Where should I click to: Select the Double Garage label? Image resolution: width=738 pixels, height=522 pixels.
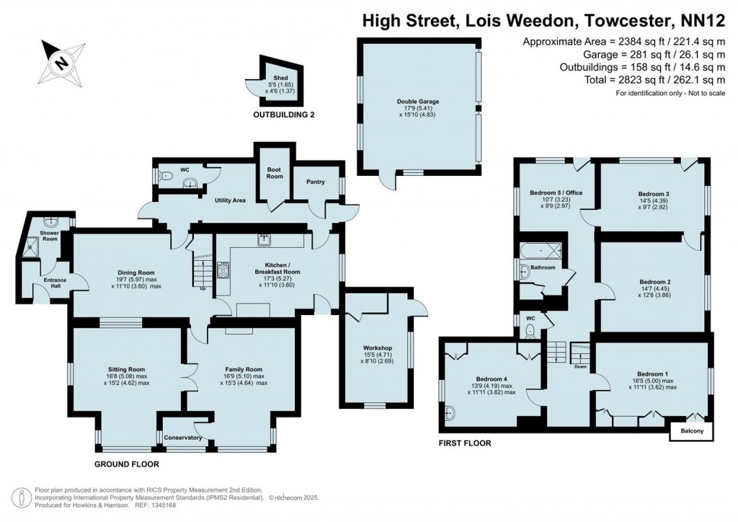418,102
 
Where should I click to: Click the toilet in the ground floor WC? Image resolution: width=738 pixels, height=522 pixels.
167,174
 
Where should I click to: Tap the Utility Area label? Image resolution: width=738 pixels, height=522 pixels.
230,200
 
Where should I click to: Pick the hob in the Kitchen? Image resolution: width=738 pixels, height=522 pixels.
224,271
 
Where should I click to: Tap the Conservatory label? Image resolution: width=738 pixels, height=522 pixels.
183,438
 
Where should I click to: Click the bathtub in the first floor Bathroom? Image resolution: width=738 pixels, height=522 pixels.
541,250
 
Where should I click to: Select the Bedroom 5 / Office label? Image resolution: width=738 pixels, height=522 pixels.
556,193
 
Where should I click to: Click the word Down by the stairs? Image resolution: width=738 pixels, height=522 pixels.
579,367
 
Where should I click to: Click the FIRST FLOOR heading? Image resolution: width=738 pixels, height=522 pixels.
465,443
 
